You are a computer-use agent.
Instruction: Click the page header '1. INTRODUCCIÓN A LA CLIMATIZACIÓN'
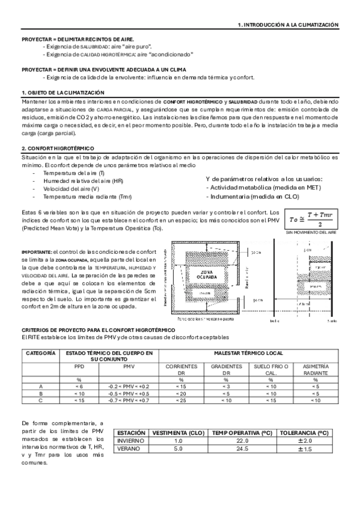[288, 25]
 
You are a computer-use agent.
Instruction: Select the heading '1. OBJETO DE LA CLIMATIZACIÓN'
[63, 93]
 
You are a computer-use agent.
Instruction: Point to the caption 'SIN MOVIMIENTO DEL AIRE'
[311, 232]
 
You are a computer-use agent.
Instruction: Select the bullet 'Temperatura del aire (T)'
[73, 173]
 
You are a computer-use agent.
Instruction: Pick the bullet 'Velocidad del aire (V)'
[70, 189]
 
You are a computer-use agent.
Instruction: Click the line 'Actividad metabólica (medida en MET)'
[265, 188]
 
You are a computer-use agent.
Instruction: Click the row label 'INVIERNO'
[130, 441]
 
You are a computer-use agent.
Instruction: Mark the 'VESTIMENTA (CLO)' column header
[177, 432]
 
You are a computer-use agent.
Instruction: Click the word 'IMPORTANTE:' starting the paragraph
[37, 251]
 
